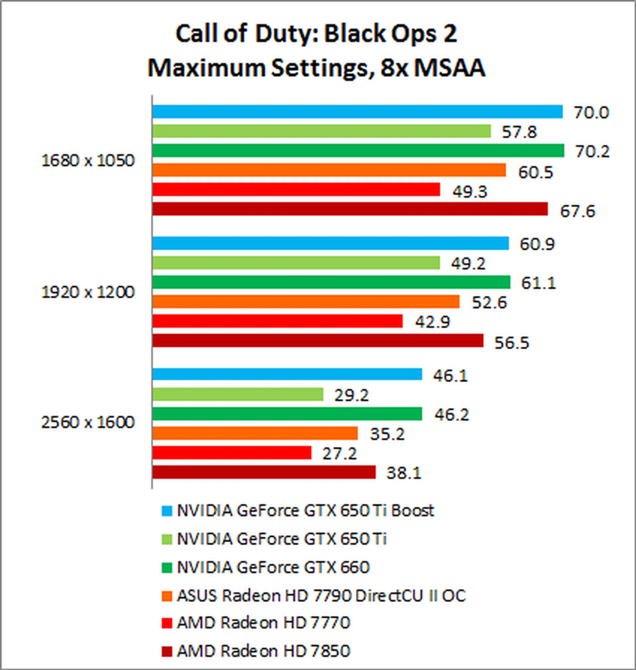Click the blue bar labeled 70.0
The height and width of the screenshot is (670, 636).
pyautogui.click(x=357, y=112)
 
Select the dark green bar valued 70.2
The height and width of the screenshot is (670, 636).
pyautogui.click(x=358, y=150)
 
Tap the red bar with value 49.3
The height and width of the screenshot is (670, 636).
pyautogui.click(x=296, y=190)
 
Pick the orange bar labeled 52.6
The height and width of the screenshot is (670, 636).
pyautogui.click(x=306, y=302)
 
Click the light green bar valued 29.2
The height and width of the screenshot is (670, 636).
pyautogui.click(x=238, y=394)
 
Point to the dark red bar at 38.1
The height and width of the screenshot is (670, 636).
pyautogui.click(x=264, y=472)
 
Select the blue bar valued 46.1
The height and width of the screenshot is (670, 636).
pyautogui.click(x=287, y=374)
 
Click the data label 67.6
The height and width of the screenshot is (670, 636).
pyautogui.click(x=577, y=211)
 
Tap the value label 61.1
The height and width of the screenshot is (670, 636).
pyautogui.click(x=538, y=283)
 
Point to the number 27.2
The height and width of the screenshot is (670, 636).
pyautogui.click(x=339, y=453)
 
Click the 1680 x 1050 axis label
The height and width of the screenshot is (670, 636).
pyautogui.click(x=88, y=160)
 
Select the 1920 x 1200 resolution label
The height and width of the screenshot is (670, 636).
pyautogui.click(x=88, y=292)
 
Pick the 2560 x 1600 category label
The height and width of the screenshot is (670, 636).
pyautogui.click(x=88, y=422)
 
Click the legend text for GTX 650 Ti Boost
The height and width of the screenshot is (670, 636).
pyautogui.click(x=305, y=510)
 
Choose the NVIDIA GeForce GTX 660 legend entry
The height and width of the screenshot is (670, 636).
pyautogui.click(x=273, y=567)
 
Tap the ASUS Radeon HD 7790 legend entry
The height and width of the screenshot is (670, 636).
pyautogui.click(x=321, y=595)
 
